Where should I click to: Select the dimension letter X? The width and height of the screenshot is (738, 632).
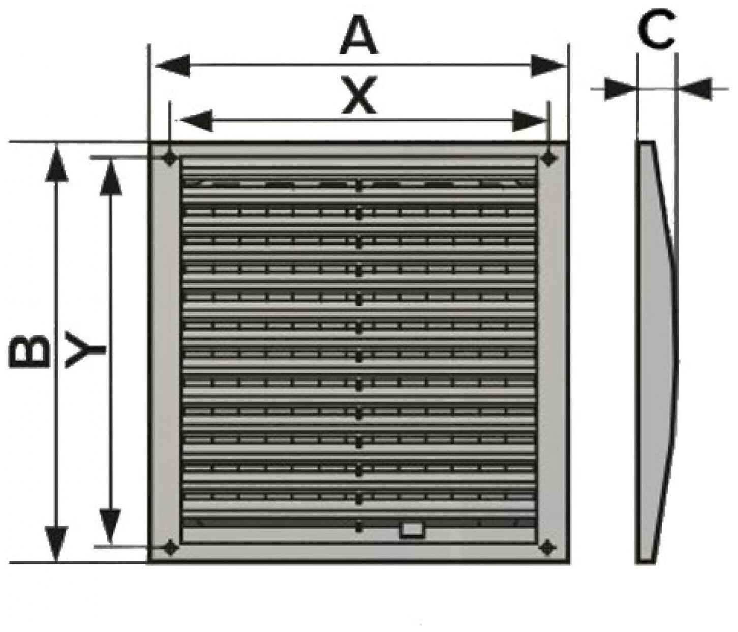pos(359,95)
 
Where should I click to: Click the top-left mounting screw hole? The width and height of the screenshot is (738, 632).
pos(170,159)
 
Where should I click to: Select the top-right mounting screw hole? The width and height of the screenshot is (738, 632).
pos(548,159)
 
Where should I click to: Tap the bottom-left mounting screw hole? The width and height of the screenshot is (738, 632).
pos(170,547)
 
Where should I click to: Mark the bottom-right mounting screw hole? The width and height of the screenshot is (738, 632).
pos(547,547)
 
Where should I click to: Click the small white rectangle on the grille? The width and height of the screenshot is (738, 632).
pos(413,530)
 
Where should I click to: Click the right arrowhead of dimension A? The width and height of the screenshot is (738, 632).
pos(548,66)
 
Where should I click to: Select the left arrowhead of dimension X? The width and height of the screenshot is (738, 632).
pos(196,121)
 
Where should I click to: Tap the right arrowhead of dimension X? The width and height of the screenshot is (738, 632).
pos(529,121)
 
